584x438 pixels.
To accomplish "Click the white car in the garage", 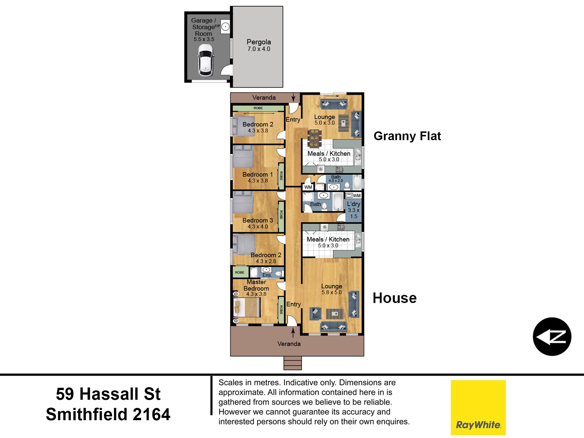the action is click(x=206, y=60).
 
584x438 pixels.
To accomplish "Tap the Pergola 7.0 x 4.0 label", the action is click(x=259, y=45).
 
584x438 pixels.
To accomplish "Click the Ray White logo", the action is click(x=478, y=407).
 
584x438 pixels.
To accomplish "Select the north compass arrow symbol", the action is click(x=552, y=336).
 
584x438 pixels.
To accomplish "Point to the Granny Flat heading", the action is click(x=407, y=136).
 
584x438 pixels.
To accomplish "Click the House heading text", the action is click(x=394, y=298).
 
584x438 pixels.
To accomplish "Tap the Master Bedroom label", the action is click(x=256, y=285).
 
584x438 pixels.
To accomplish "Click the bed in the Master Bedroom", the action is click(x=247, y=307).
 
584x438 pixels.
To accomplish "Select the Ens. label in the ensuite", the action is click(x=267, y=275).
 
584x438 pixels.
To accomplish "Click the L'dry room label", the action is click(x=353, y=204).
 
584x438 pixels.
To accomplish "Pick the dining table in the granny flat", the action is click(x=315, y=138).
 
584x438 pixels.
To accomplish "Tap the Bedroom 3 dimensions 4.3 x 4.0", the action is click(x=258, y=227).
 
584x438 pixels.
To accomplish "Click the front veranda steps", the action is click(x=293, y=363).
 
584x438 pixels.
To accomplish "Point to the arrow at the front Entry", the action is click(x=293, y=332).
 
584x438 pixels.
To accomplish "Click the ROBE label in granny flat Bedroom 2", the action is click(x=258, y=108).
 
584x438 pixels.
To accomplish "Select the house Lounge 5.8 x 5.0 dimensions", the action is click(x=331, y=292).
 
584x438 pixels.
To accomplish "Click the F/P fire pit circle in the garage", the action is click(x=225, y=27).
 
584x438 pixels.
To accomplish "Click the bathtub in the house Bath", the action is click(x=338, y=201).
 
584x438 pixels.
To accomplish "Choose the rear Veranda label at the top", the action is click(x=264, y=98).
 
